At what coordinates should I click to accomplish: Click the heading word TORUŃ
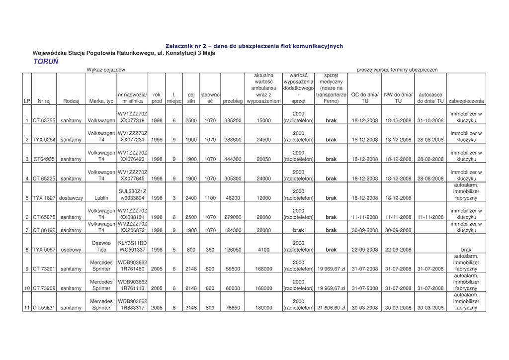coord(46,62)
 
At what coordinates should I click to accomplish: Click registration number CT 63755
coord(44,120)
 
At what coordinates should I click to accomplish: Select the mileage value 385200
coord(233,120)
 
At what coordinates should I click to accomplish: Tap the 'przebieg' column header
coord(233,101)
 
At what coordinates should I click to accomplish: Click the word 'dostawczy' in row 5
coord(71,198)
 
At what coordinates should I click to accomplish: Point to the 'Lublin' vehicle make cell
coord(101,198)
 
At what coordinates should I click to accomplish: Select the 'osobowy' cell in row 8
coord(71,250)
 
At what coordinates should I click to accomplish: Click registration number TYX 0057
coord(44,250)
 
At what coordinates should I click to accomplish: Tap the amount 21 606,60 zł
coord(331,308)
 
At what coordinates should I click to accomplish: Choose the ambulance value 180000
coord(264,308)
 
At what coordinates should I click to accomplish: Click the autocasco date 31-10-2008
coord(430,120)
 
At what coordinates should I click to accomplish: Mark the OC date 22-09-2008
coord(365,250)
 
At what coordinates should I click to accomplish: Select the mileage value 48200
coord(233,198)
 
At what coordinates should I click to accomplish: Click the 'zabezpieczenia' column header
coord(466,101)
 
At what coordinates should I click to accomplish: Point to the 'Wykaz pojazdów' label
coord(105,70)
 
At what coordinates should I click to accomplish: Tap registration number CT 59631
coord(44,308)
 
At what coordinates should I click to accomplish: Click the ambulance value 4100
coord(264,250)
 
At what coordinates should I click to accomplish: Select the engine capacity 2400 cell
coord(191,198)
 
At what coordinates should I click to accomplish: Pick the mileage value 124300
coord(233,230)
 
